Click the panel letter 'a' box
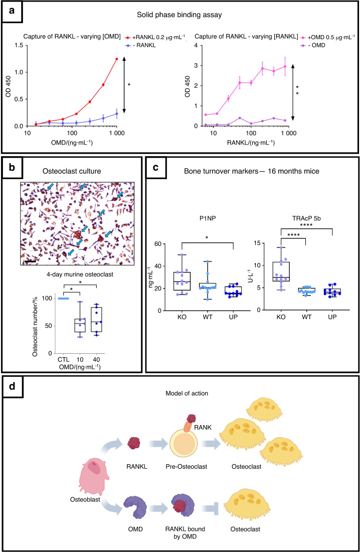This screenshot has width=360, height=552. pos(12,11)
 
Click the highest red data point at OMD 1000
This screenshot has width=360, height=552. pos(117,59)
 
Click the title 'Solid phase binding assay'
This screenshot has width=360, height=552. pos(180,15)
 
